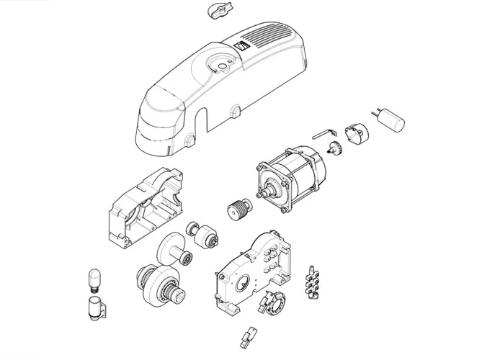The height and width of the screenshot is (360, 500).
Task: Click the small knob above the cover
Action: click(x=215, y=11)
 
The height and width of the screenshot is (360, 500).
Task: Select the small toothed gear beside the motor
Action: click(x=334, y=149)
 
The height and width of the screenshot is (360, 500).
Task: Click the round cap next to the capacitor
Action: click(x=354, y=133)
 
